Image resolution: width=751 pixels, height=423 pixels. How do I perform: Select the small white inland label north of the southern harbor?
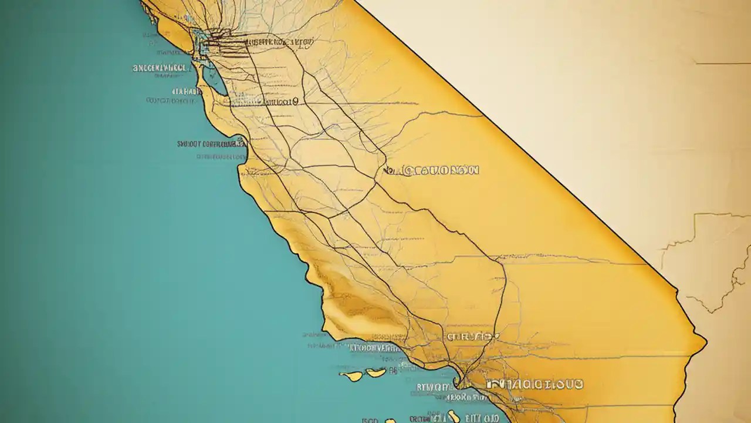coord(472,337)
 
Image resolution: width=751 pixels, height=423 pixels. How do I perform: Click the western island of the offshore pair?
coord(351,375)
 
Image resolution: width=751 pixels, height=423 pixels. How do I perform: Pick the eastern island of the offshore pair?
coord(375,372)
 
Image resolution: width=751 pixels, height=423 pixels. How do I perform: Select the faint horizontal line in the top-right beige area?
coord(722,63)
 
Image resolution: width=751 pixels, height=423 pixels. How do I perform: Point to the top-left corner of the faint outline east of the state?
coord(695,215)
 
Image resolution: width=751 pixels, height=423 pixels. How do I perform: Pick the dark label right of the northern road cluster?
coord(279,42)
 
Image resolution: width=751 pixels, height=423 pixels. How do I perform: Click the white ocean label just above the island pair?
coord(375,348)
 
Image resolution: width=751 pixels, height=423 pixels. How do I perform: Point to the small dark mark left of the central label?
coord(388,171)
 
